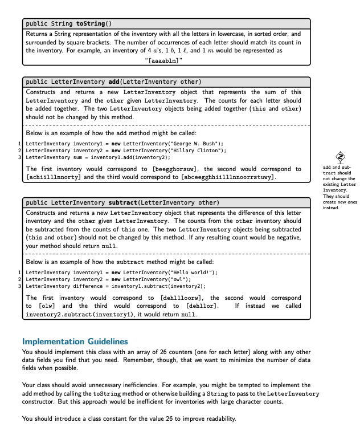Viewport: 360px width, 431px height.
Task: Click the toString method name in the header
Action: tap(90, 23)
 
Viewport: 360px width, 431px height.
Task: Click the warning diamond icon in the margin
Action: tap(340, 157)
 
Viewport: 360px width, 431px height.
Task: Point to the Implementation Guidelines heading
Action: tap(75, 341)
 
